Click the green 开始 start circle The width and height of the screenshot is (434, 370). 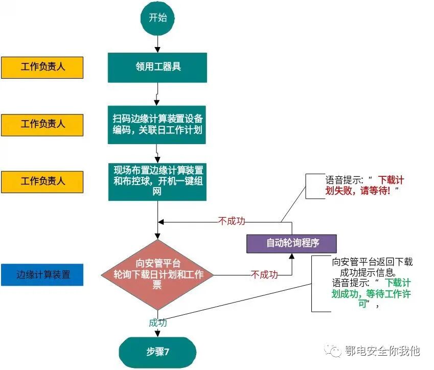pos(157,18)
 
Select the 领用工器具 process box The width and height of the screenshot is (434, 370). pos(157,67)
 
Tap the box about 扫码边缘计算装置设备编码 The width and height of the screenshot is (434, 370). pos(157,124)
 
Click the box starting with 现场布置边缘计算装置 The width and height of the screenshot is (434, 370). pos(157,181)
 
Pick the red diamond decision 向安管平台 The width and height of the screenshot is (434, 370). pos(157,274)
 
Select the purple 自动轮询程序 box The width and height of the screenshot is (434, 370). pos(291,243)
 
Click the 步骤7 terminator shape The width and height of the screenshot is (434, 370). pos(157,353)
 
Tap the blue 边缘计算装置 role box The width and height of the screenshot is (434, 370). pos(42,274)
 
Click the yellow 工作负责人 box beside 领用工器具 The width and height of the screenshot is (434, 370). pos(42,67)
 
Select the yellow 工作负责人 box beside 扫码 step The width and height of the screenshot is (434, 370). pos(42,124)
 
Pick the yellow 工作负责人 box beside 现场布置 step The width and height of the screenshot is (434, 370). pos(42,181)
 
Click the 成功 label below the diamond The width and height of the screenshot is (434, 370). pos(157,322)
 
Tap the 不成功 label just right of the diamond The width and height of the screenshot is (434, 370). pos(264,275)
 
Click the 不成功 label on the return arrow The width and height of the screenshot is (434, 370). pos(232,221)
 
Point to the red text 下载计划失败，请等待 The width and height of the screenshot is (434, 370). pos(366,185)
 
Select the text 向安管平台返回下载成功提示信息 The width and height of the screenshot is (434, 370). pos(372,267)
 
